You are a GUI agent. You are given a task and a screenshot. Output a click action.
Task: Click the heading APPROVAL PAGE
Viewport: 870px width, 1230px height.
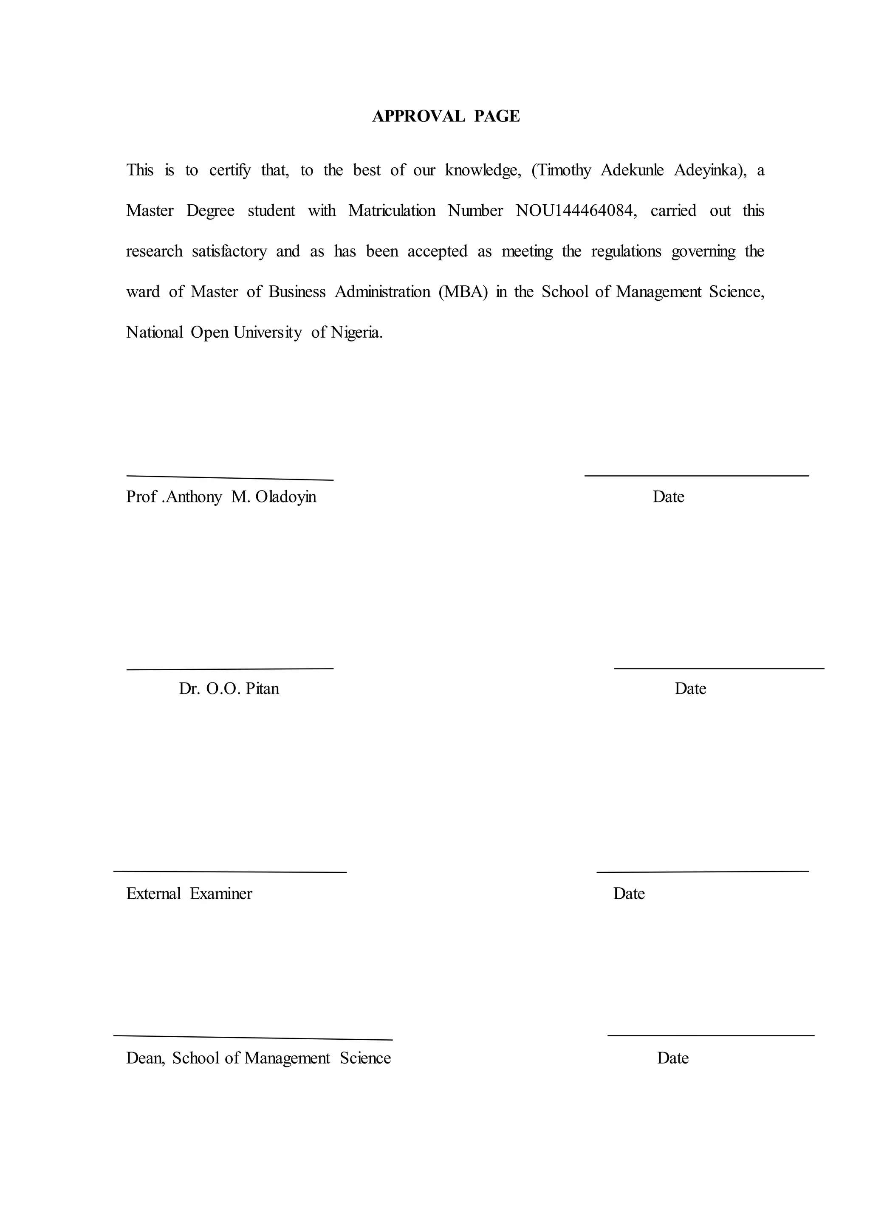coord(446,116)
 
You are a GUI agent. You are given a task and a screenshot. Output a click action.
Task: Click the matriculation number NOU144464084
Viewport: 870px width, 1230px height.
coord(575,211)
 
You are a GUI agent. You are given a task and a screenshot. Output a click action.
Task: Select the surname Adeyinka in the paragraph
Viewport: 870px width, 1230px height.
coord(709,170)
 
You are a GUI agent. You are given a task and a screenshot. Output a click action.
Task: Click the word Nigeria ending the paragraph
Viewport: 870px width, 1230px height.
coord(356,333)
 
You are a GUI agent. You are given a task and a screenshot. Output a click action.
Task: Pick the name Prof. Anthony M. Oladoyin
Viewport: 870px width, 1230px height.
coord(221,497)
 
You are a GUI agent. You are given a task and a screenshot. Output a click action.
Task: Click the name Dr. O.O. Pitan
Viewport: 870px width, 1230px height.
coord(229,688)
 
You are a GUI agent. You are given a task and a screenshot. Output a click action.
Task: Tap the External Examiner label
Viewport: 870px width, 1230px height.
coord(189,894)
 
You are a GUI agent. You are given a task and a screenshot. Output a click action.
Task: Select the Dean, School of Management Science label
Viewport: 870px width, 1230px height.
coord(258,1058)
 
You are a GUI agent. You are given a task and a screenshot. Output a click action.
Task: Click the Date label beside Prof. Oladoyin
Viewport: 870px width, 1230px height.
coord(668,497)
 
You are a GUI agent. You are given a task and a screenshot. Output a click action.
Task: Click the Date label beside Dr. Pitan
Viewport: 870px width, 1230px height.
coord(690,688)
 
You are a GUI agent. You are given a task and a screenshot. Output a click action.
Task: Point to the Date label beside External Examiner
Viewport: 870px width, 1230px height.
coord(629,894)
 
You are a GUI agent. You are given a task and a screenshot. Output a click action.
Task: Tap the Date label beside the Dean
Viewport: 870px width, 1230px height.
coord(673,1058)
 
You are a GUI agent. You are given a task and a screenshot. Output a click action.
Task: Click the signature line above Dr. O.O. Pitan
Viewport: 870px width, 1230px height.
coord(230,669)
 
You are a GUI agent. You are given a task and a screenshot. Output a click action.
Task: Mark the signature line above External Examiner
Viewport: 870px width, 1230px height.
coord(230,872)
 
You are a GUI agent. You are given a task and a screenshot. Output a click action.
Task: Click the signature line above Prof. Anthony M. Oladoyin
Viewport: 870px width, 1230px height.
coord(230,478)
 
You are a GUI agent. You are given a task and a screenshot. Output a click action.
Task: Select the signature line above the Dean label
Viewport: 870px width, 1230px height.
coord(253,1038)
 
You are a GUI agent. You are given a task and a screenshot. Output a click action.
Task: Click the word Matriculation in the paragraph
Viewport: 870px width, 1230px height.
coord(392,211)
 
